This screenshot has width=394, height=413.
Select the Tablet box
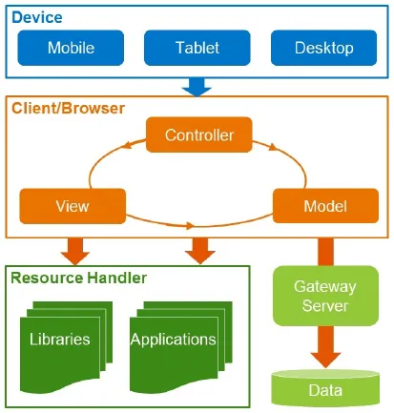tap(197, 48)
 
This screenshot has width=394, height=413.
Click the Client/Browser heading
tap(68, 109)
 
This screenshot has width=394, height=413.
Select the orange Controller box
tap(199, 134)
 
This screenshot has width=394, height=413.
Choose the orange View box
tap(73, 205)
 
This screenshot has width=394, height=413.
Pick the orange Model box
tap(323, 205)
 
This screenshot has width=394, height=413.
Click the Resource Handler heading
tap(78, 279)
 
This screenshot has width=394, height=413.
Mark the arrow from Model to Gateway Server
tap(323, 249)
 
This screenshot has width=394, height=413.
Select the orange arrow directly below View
tap(73, 251)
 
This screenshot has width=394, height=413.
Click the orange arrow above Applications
tap(198, 251)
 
